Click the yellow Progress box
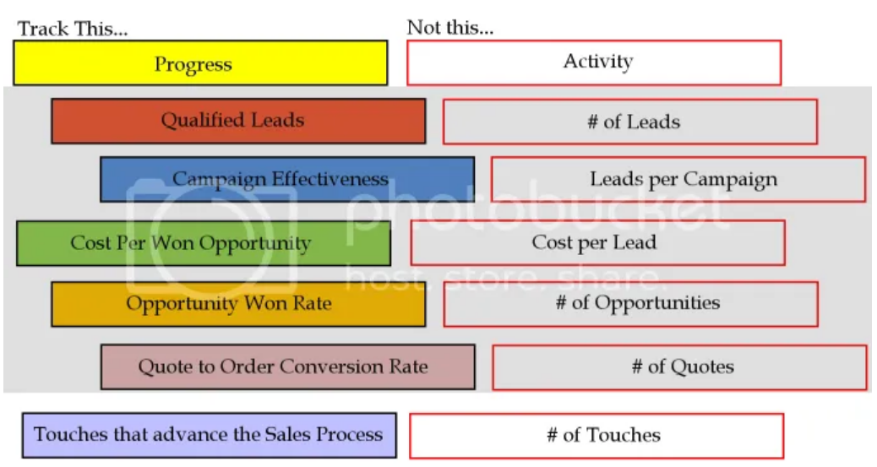click(200, 63)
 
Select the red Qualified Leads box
click(238, 121)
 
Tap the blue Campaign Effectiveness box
click(286, 179)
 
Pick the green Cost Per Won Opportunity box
click(203, 243)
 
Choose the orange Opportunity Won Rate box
click(238, 304)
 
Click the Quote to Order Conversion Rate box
click(287, 367)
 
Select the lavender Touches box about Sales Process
click(209, 435)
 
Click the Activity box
click(593, 62)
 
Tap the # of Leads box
click(629, 122)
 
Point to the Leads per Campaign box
click(678, 179)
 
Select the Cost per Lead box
click(597, 243)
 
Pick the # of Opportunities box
click(630, 304)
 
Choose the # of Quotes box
click(679, 367)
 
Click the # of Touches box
click(596, 436)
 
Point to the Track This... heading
click(73, 29)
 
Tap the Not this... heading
click(449, 27)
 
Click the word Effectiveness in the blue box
click(330, 179)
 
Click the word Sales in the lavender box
click(286, 435)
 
